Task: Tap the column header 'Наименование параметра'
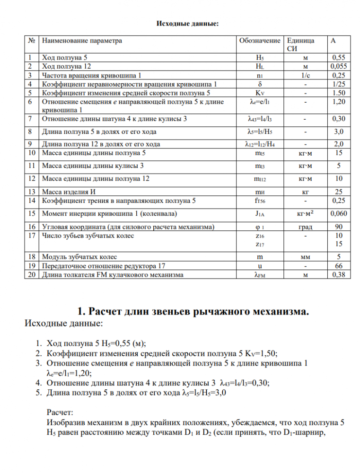pos(82,41)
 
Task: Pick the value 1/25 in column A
pos(338,84)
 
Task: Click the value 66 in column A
pos(338,265)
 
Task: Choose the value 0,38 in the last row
pos(338,274)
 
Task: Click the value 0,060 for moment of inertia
pos(338,213)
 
